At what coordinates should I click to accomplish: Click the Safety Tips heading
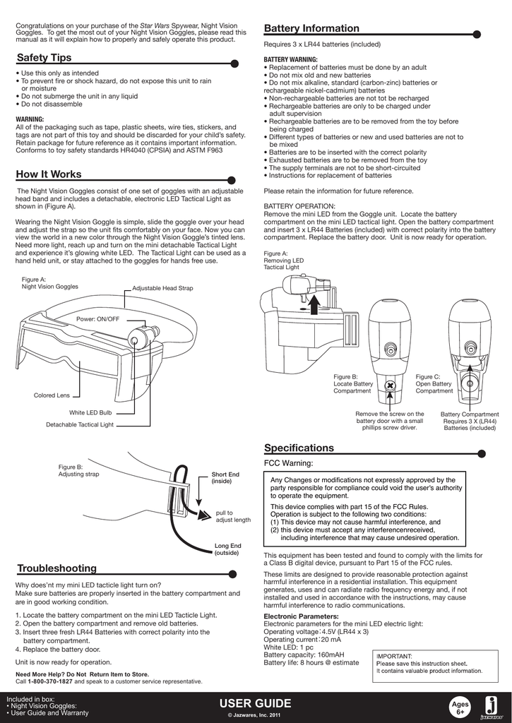coord(44,57)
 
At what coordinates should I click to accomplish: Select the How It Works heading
coord(49,174)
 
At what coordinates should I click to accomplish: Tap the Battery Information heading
coord(311,28)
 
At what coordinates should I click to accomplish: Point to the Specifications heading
coord(299,448)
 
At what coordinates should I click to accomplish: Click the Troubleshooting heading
coord(56,568)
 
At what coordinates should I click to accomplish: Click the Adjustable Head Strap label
coord(162,289)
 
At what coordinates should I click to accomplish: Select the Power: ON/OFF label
coord(97,319)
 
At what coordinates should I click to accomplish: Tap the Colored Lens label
coord(52,395)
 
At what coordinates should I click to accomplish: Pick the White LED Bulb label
coord(90,412)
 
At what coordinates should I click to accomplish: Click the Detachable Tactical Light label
coord(80,424)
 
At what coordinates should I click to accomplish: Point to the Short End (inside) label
coord(225,477)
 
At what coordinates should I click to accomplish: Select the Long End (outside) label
coord(227,549)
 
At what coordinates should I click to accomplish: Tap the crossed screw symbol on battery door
coord(388,386)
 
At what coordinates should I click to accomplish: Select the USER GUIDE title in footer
coord(255,703)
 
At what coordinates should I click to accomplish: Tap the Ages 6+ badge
coord(460,707)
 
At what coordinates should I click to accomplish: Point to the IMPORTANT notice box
coord(430,664)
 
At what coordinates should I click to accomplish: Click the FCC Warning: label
coord(288,464)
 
